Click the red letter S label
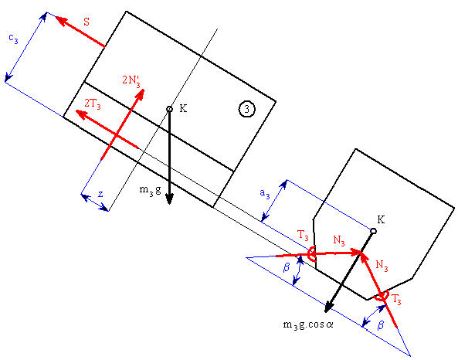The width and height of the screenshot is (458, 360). [x=87, y=22]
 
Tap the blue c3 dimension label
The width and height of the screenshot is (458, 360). [x=13, y=39]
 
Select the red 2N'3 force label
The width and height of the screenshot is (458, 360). [x=131, y=80]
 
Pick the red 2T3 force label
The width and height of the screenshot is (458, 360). [x=93, y=104]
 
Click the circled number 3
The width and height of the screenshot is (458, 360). [x=247, y=109]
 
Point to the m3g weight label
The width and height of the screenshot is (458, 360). [x=150, y=190]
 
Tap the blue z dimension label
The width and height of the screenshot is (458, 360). [x=100, y=194]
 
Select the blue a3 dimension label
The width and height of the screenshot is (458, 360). [x=265, y=194]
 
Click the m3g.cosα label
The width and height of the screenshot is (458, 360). [x=308, y=325]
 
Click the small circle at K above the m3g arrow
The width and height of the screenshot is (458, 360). [x=169, y=109]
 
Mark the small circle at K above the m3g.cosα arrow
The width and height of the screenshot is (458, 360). [x=373, y=231]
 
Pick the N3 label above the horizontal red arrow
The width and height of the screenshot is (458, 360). [x=339, y=240]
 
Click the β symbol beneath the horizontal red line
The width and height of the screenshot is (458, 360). [x=287, y=267]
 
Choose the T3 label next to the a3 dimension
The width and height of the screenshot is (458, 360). [x=303, y=236]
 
